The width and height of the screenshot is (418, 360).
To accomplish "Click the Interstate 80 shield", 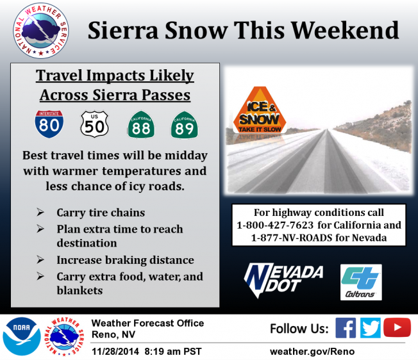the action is tap(49, 124).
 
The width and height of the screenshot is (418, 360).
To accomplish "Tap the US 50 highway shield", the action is tap(94, 124).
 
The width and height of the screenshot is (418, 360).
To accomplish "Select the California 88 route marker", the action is tap(141, 125).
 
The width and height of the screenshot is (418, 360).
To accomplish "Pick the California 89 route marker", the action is tap(184, 125).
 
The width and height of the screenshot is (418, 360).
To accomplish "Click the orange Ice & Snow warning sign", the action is tap(260, 110).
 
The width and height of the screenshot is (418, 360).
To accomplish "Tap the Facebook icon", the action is tap(346, 328).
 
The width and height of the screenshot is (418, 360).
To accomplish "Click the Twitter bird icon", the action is tap(371, 328).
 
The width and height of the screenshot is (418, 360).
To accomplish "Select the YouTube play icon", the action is tap(397, 327).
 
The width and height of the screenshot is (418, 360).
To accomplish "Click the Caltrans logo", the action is tap(361, 282).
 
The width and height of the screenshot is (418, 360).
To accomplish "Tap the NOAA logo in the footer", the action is tap(22, 336).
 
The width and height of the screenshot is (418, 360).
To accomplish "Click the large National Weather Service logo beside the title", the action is tap(41, 31).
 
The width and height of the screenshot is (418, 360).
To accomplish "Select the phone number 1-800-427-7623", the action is tap(275, 225).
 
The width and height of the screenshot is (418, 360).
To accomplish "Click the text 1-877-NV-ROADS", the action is tap(292, 238).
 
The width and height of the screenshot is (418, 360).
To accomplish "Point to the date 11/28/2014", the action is tap(115, 352).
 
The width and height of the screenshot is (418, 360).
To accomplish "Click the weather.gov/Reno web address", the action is tap(312, 352).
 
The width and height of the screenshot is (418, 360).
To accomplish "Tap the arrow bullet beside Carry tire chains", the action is tap(40, 213).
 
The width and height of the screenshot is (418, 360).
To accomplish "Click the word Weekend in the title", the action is tap(346, 30).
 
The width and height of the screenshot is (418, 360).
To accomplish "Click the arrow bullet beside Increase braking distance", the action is tap(40, 259).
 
